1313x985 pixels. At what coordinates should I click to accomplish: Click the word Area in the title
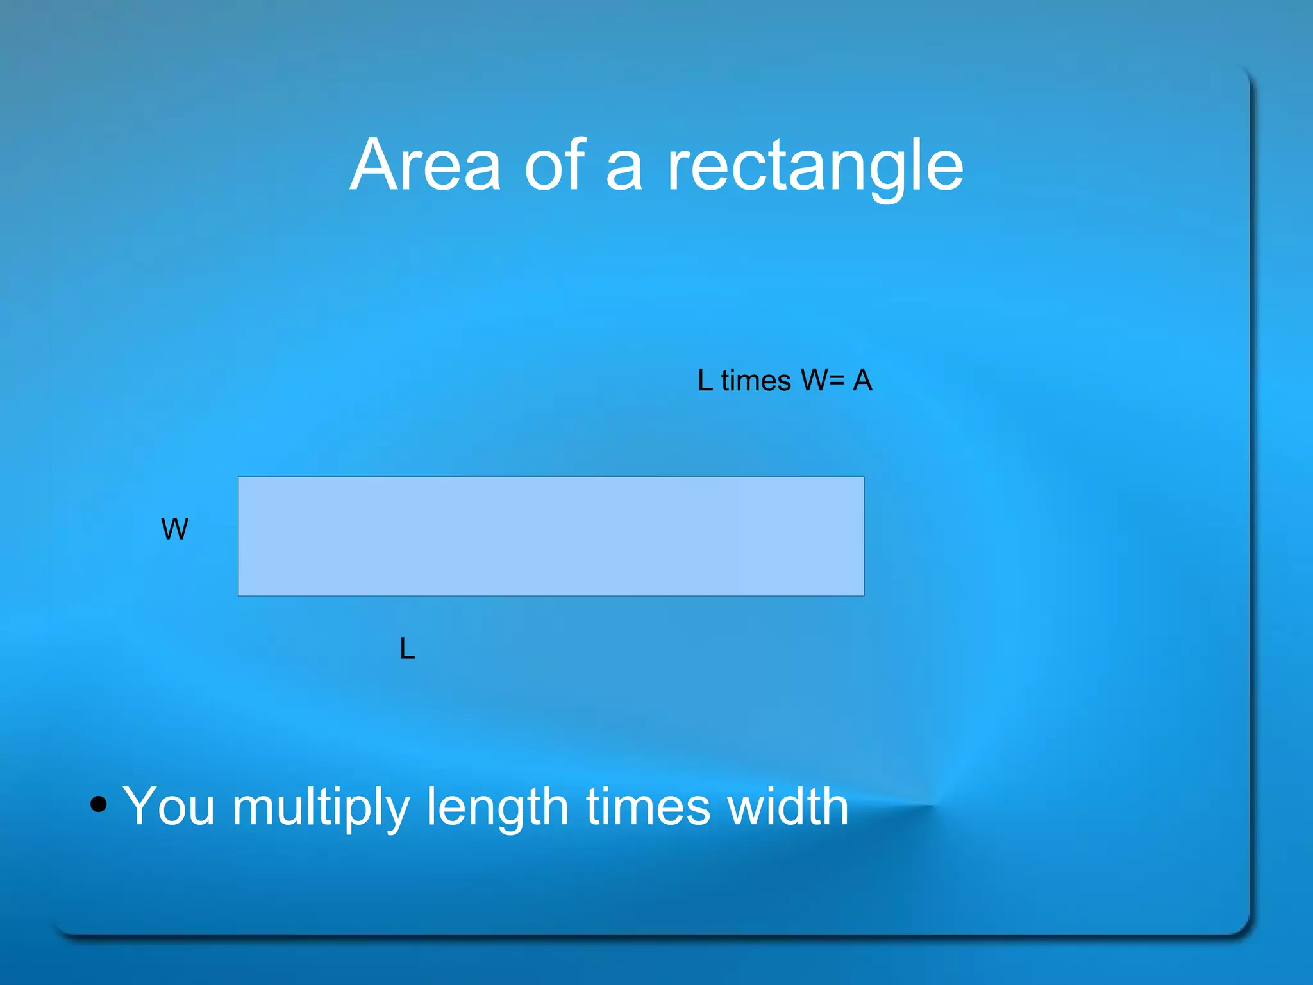424,165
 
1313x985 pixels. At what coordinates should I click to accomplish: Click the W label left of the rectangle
174,529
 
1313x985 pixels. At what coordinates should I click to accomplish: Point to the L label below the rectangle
407,649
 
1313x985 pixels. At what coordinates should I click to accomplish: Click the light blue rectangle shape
551,536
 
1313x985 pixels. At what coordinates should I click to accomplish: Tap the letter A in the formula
862,381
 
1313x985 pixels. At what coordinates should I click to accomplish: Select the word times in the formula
756,381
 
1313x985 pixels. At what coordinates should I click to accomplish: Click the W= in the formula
823,381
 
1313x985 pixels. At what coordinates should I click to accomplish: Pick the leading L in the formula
705,381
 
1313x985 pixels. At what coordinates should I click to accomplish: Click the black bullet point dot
98,804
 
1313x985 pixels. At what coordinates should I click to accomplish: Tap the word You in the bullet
168,806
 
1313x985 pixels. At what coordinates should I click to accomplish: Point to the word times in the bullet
648,806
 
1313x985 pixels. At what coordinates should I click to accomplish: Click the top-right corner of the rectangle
864,477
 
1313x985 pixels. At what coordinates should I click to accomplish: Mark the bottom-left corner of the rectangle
239,595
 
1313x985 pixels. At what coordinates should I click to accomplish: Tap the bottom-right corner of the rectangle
864,595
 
